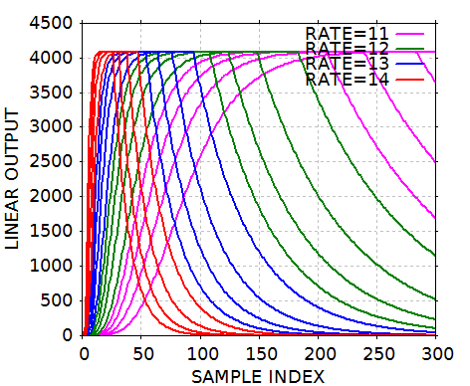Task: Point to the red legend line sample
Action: (x=410, y=81)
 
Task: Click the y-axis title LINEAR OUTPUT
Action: (x=14, y=179)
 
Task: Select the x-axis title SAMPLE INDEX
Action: (x=259, y=375)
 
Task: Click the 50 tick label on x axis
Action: (x=141, y=353)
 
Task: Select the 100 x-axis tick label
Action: (x=200, y=353)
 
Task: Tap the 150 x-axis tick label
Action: (x=259, y=353)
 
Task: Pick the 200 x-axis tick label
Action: (x=319, y=353)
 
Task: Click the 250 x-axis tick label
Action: (x=377, y=353)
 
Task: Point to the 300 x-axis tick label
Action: (x=436, y=353)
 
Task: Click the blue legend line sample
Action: (x=410, y=65)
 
